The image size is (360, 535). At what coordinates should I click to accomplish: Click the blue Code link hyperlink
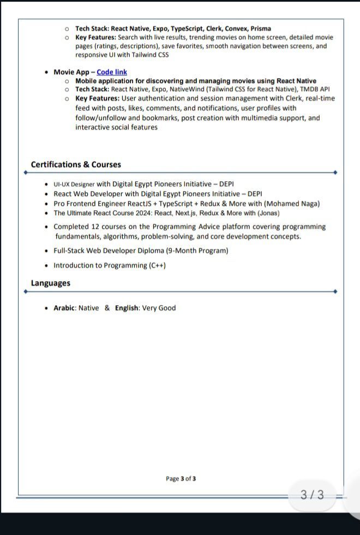tap(112, 72)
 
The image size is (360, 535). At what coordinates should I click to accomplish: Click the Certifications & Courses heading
tap(76, 164)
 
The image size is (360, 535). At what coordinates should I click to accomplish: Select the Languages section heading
tap(51, 283)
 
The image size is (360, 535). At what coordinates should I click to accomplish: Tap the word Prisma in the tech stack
tap(261, 28)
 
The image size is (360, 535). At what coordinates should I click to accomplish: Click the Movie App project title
tap(71, 72)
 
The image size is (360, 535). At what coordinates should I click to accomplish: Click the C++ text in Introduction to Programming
tap(157, 265)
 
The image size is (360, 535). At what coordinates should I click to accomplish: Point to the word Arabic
tap(64, 308)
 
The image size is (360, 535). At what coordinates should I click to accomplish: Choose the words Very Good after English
tap(159, 308)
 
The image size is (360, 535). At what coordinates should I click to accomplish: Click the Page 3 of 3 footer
tap(181, 479)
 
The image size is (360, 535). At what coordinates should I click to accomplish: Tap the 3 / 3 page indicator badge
tap(312, 495)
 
